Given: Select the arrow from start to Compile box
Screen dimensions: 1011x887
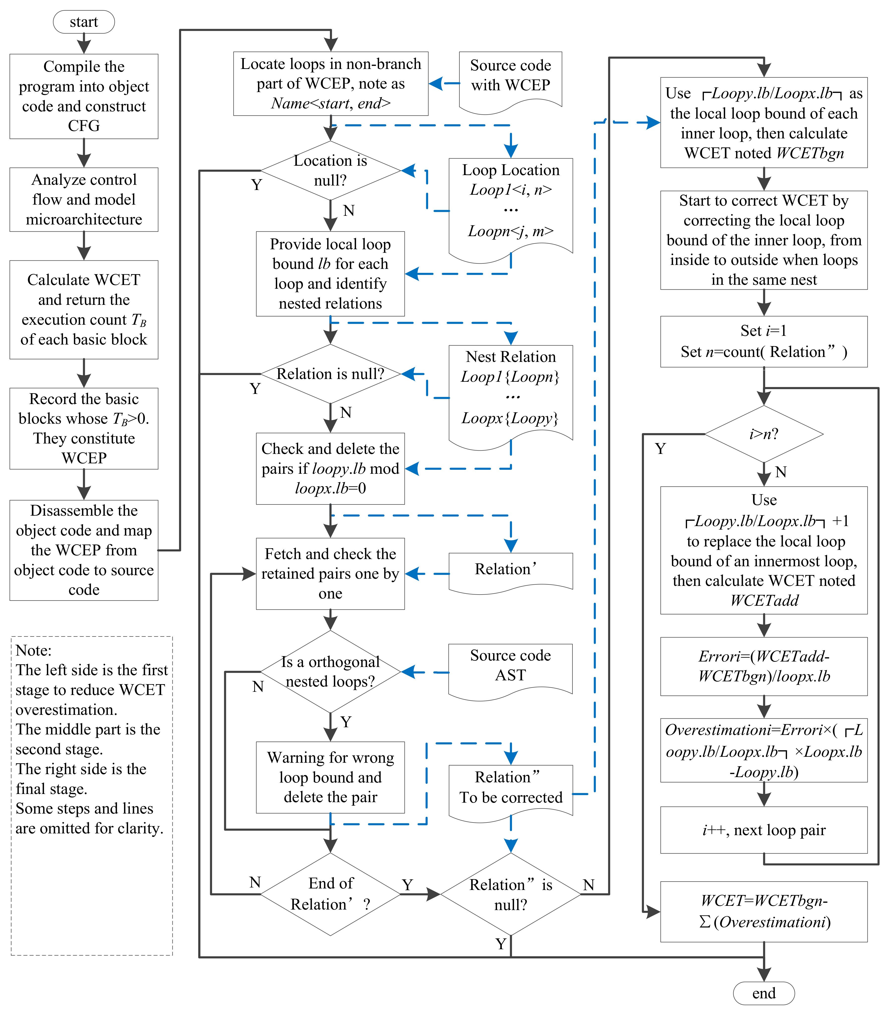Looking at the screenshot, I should pyautogui.click(x=84, y=43).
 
